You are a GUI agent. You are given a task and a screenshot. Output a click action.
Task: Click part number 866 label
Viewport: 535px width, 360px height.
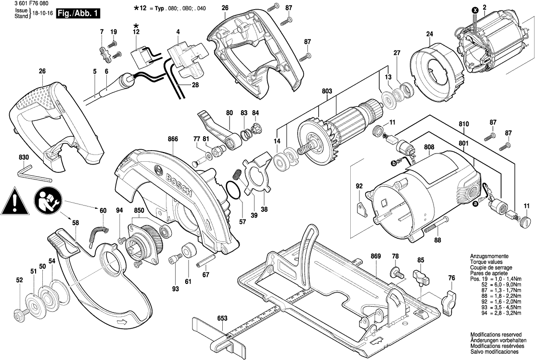coord(173,139)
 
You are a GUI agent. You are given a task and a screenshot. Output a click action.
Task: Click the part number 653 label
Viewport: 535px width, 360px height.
coord(222,318)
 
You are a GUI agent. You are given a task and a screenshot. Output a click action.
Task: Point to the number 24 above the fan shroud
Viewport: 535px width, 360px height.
coord(429,34)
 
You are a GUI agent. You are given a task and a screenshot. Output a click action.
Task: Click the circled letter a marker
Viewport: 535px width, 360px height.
coord(475,204)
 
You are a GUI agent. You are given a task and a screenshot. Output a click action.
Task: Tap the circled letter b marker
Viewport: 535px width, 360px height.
coord(394,164)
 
